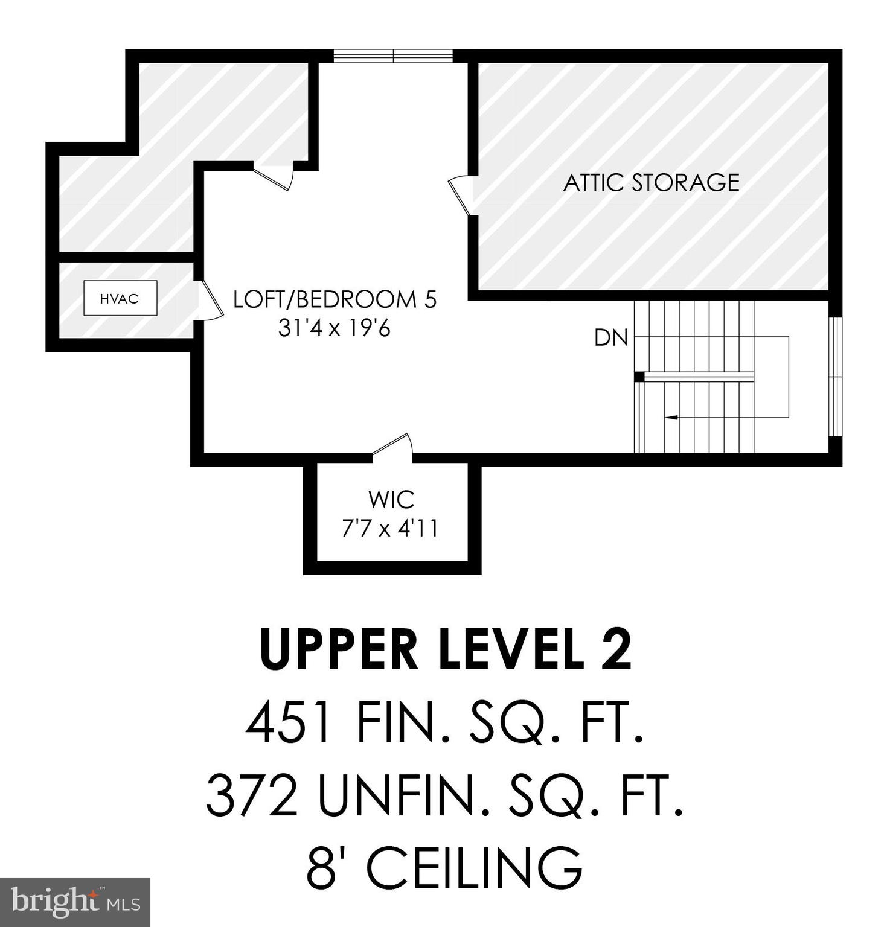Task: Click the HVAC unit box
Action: (120, 298)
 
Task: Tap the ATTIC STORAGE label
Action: (651, 182)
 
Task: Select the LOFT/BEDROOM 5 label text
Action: (335, 299)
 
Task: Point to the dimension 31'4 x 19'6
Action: (335, 328)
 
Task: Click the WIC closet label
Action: (391, 500)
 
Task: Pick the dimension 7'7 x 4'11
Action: (390, 529)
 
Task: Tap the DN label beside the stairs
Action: (611, 338)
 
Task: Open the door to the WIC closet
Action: (393, 446)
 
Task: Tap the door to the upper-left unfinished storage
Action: (274, 176)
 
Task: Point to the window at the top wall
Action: (393, 56)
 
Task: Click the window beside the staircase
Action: (835, 376)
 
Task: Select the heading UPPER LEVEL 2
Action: (446, 650)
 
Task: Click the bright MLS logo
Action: (75, 902)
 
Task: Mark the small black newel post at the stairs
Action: (639, 377)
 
